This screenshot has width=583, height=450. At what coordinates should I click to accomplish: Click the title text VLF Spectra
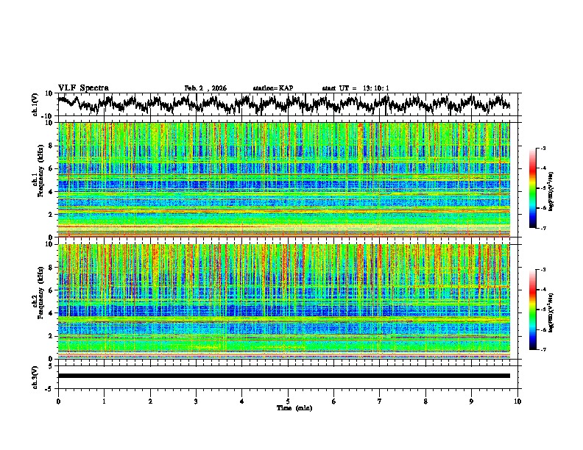tap(83, 87)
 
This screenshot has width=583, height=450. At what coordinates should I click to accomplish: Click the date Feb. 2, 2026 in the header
tap(205, 88)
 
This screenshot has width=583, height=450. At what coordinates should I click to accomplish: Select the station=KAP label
tap(272, 88)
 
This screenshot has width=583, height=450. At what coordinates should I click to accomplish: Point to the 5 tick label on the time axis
tap(288, 401)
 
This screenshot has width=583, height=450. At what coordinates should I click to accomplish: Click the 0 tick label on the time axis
tap(58, 401)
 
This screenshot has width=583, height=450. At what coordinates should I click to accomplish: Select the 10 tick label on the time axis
tap(517, 401)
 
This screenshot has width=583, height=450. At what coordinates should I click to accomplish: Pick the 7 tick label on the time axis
tap(380, 401)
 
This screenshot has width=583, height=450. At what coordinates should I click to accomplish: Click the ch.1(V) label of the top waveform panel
tap(35, 104)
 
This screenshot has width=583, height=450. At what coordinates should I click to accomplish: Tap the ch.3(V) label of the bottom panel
tap(35, 376)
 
